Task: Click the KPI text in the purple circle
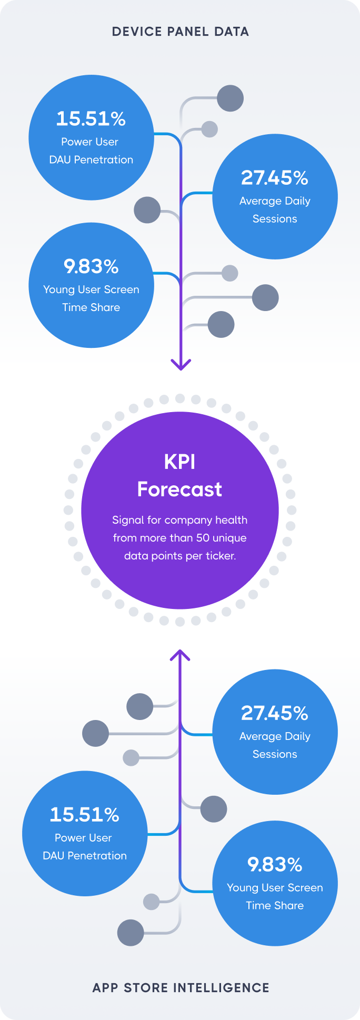(x=180, y=462)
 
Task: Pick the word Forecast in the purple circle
(x=180, y=489)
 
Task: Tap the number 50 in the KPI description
(x=203, y=538)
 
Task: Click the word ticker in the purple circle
(x=221, y=556)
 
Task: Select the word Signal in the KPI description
(x=128, y=520)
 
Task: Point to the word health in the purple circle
(x=231, y=520)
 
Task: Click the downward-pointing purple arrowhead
(x=181, y=364)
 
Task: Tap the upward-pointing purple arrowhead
(x=180, y=655)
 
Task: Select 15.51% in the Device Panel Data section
(x=91, y=119)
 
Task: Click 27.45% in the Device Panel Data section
(x=275, y=178)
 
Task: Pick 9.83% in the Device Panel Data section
(x=91, y=267)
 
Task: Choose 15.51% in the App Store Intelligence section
(x=85, y=815)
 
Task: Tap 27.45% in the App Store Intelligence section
(x=275, y=714)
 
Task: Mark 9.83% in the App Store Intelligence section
(x=275, y=865)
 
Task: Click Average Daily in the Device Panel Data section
(x=275, y=201)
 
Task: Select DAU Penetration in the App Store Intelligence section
(x=85, y=856)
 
